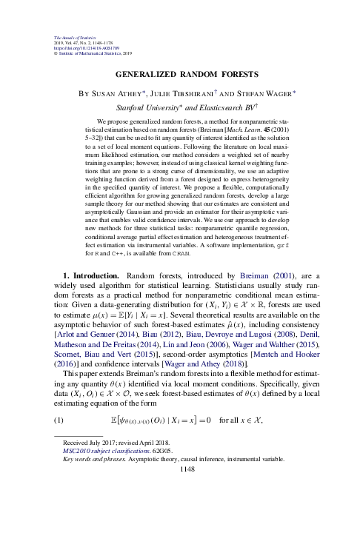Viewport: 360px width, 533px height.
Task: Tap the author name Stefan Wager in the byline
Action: pos(270,93)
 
